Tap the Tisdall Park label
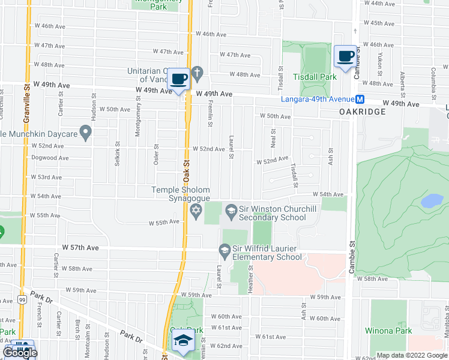pos(315,77)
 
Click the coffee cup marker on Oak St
pos(179,79)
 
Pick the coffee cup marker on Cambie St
pos(345,56)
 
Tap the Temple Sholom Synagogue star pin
pos(195,211)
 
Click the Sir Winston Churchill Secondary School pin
pos(231,210)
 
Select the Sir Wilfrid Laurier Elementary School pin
pos(224,249)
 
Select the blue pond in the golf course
pos(432,201)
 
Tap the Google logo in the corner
pos(20,352)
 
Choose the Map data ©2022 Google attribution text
pos(412,355)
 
